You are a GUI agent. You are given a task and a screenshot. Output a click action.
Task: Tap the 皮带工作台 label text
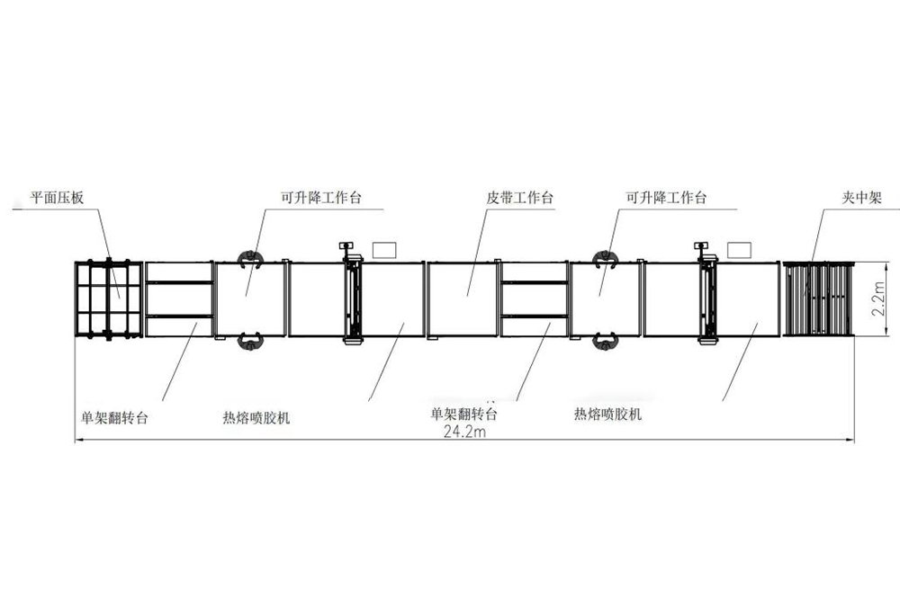[x=519, y=198]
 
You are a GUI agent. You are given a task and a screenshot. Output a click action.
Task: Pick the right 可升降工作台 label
[x=666, y=198]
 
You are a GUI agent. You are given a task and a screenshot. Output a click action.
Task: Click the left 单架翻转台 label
[x=114, y=416]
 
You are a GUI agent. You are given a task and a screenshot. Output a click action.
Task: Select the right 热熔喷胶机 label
[x=607, y=414]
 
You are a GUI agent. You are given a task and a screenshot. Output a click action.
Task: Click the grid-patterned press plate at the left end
[x=108, y=298]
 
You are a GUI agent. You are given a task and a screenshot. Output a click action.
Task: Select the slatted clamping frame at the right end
[x=817, y=298]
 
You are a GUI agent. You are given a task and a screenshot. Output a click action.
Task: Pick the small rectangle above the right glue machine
[x=738, y=247]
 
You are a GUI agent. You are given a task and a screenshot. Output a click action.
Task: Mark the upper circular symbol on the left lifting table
[x=248, y=259]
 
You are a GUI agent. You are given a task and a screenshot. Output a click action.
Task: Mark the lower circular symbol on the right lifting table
[x=604, y=340]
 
